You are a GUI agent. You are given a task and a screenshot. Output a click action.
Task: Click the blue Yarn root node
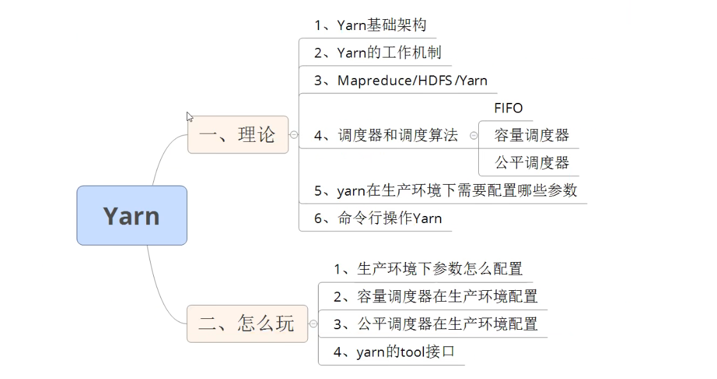(132, 215)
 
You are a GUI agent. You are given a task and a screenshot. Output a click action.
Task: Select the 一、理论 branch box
(238, 135)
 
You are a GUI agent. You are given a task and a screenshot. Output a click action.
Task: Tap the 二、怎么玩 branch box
(246, 323)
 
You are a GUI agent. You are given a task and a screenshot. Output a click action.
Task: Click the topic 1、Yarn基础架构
(370, 26)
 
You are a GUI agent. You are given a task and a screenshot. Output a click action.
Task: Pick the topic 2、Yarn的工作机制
(377, 53)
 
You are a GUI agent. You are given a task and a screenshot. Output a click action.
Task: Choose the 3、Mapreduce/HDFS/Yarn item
(400, 81)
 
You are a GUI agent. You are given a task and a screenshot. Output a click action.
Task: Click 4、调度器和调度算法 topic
(386, 135)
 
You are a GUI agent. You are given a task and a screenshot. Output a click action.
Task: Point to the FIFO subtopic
(508, 108)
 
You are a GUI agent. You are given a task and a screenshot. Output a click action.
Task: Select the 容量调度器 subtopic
(531, 135)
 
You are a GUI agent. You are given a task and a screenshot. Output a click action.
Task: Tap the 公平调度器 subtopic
(531, 163)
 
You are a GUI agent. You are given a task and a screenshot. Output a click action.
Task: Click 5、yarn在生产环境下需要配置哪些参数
(445, 190)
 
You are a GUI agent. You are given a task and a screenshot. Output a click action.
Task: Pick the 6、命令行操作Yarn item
(378, 218)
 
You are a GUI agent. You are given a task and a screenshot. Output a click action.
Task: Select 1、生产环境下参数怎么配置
(428, 268)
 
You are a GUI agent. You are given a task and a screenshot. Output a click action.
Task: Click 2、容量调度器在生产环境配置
(435, 296)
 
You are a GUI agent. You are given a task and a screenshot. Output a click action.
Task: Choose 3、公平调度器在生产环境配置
(435, 324)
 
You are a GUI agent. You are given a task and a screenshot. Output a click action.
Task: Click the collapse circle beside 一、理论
(294, 135)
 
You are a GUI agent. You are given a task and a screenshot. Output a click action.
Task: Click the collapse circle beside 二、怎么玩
(313, 323)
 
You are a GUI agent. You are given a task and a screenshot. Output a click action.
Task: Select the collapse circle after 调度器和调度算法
(473, 135)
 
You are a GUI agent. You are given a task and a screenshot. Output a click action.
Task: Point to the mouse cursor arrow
(189, 117)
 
